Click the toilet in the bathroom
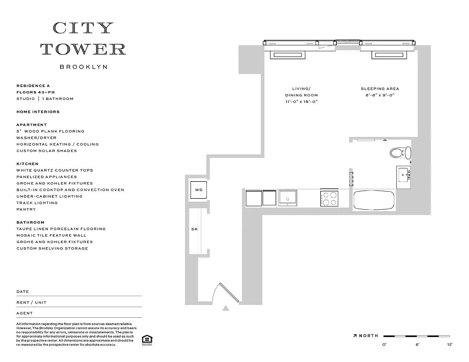400,153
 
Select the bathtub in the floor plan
374,200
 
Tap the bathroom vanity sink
404,177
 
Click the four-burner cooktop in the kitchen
329,198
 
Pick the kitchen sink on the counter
288,198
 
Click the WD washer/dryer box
199,190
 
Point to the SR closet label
195,229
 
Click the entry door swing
226,292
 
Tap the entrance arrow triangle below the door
226,308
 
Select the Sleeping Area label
380,89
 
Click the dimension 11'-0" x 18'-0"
301,101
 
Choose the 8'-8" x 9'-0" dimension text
380,95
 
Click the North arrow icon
355,336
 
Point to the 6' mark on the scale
417,344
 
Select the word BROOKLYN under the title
84,67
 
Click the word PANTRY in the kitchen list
26,209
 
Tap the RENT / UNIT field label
32,302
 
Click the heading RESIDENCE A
33,86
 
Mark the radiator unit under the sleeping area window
389,55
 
